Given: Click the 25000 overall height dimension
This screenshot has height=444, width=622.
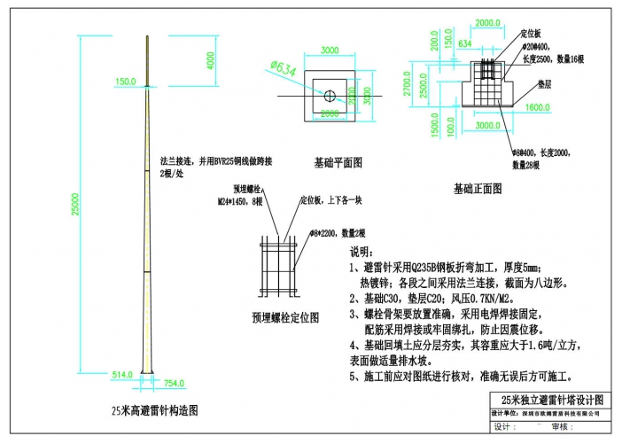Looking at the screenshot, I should (x=75, y=204).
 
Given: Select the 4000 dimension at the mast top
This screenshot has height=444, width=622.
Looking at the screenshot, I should (x=211, y=60).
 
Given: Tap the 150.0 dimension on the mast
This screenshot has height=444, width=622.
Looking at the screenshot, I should (x=125, y=81).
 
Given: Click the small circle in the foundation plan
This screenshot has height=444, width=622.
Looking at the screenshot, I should (x=329, y=95).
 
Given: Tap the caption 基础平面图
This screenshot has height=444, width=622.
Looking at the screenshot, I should (x=338, y=163).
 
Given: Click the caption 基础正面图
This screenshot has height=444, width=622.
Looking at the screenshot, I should (x=478, y=188).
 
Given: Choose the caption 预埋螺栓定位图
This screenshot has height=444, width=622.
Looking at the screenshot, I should (x=285, y=316).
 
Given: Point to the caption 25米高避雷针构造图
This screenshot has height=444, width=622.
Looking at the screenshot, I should (x=153, y=410).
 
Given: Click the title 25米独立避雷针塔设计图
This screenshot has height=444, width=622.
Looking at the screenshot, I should (x=551, y=399).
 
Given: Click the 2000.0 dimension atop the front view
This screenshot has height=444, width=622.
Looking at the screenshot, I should (x=488, y=22).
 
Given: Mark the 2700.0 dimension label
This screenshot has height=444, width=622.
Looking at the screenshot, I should (x=407, y=85).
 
